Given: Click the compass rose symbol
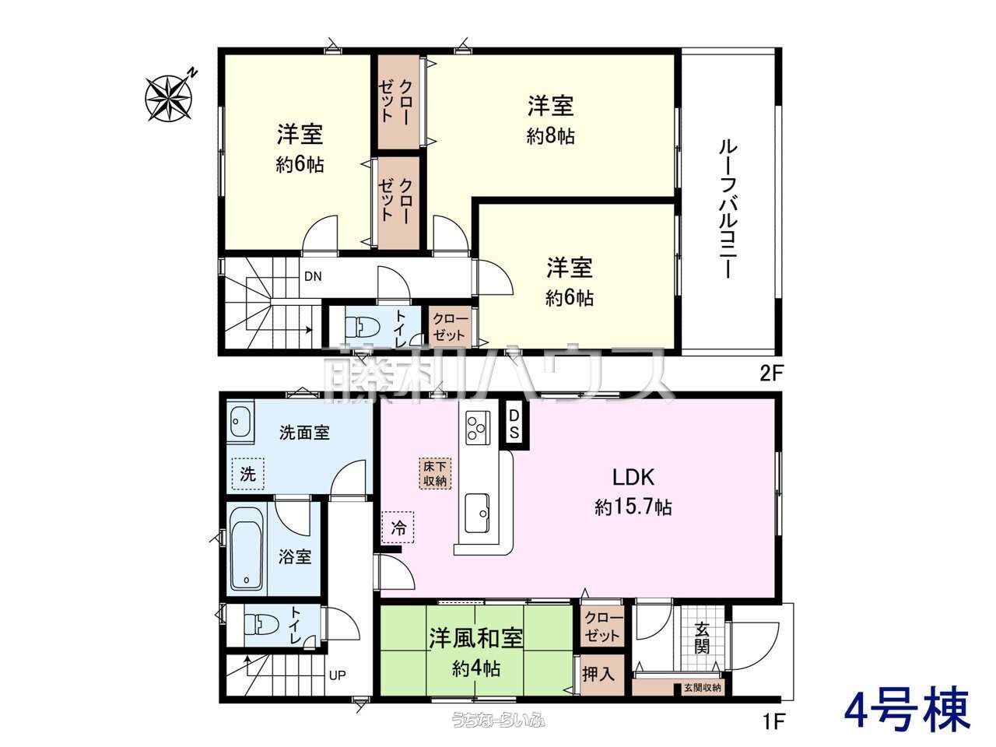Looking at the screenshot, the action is click(x=169, y=97).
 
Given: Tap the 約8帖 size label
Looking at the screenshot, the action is click(x=550, y=135).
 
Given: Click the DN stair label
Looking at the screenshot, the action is click(x=313, y=276).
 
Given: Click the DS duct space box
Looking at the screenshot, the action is click(x=514, y=424).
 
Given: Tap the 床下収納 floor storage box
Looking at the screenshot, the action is click(x=435, y=474).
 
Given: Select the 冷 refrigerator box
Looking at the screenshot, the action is click(x=398, y=528).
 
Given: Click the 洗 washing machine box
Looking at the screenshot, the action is click(x=247, y=475).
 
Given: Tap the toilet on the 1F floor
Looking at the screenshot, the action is click(x=261, y=625).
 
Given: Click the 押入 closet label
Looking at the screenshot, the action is click(x=598, y=674).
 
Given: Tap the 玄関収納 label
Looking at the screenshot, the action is click(x=703, y=688).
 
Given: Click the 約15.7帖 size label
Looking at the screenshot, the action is click(x=633, y=507).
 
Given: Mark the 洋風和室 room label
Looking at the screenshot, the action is click(x=476, y=638).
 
